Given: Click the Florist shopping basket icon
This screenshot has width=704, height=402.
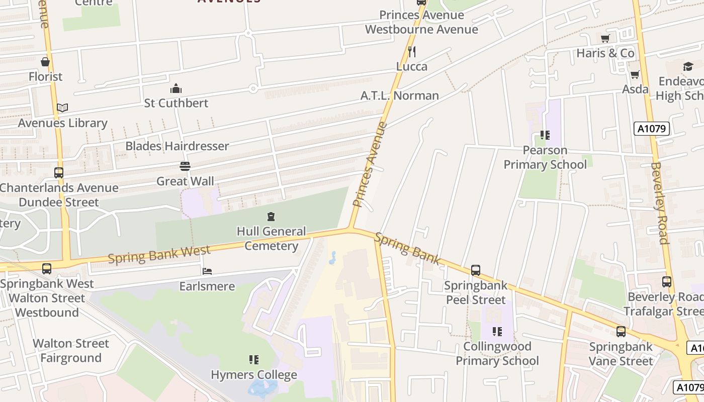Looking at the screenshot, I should [x=45, y=62].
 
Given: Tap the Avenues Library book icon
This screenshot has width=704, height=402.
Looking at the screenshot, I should [x=62, y=108].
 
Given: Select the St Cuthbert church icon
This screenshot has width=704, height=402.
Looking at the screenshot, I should [x=176, y=89].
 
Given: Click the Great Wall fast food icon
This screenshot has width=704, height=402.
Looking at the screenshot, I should [x=185, y=166].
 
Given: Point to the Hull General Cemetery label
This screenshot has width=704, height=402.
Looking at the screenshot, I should [x=271, y=239].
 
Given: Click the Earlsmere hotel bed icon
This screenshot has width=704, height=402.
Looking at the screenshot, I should [x=207, y=271].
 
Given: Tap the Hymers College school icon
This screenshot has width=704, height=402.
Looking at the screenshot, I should [x=254, y=360].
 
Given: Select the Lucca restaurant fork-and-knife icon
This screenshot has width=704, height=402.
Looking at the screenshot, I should [x=412, y=51].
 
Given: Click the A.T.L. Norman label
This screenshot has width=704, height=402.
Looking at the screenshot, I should [x=400, y=95].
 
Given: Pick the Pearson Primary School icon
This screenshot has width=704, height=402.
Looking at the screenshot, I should [x=545, y=135].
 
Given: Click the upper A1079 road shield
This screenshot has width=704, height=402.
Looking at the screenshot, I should [x=652, y=129].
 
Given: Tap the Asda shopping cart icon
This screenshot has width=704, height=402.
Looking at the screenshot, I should [x=635, y=75].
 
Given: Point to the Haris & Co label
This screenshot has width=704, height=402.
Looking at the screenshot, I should [x=605, y=53].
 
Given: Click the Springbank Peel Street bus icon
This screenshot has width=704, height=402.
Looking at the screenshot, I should [x=476, y=270].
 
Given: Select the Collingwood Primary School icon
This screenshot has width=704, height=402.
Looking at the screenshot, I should [x=497, y=331].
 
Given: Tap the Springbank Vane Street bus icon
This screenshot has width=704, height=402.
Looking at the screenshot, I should [x=621, y=332].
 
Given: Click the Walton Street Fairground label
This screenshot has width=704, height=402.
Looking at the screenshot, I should [x=71, y=351].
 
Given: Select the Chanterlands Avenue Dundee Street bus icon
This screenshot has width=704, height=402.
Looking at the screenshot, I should [x=59, y=173].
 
